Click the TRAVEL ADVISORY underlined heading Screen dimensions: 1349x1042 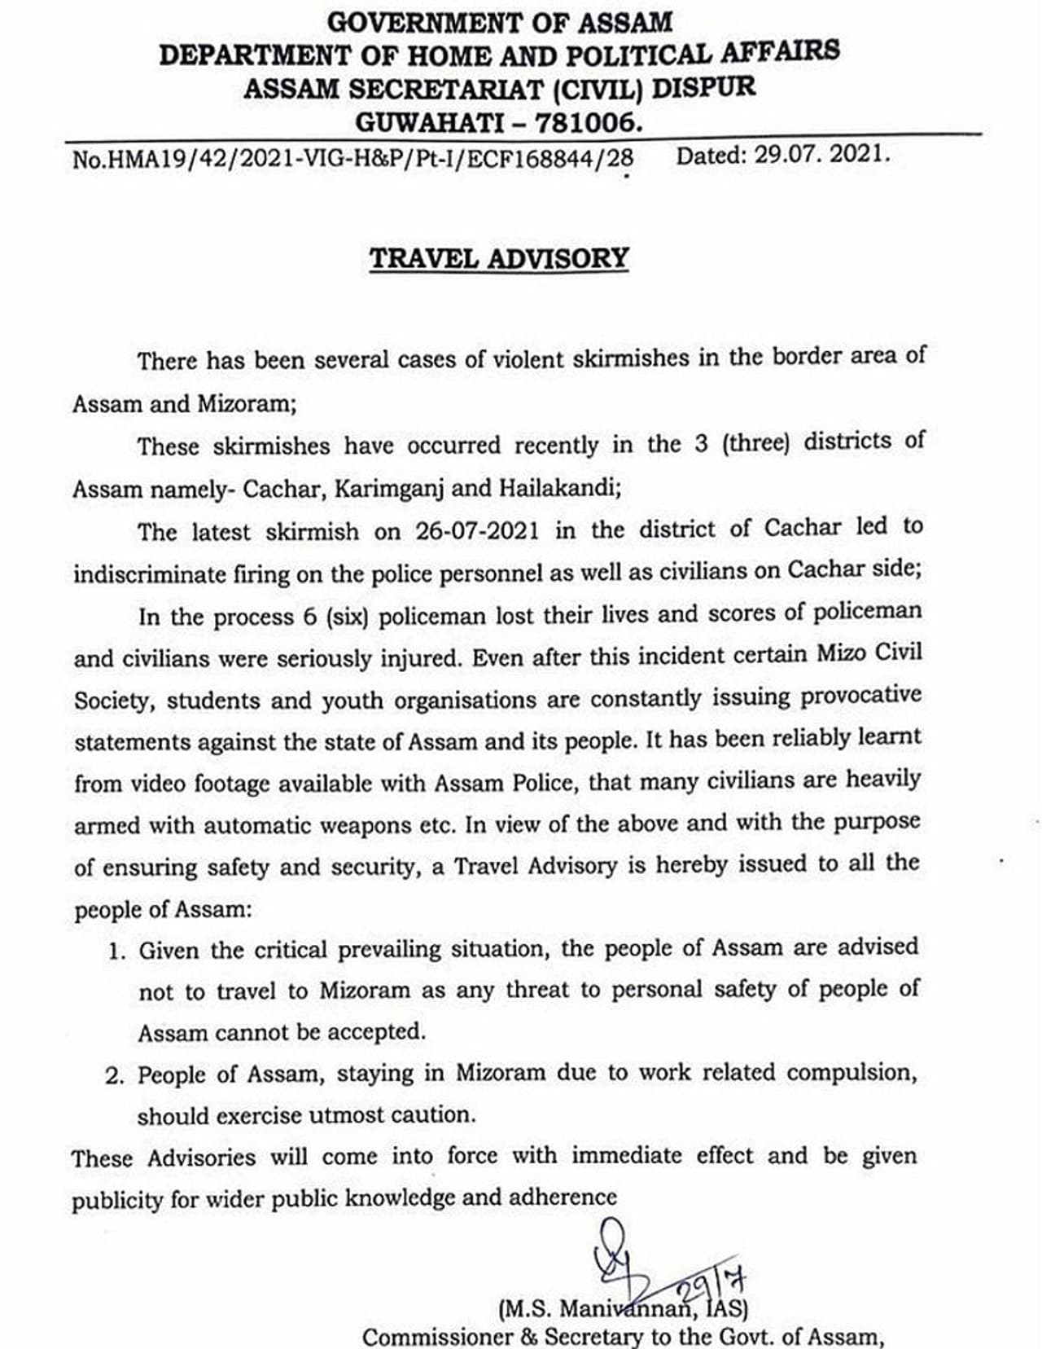tap(499, 258)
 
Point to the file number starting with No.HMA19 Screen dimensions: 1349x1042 tap(352, 157)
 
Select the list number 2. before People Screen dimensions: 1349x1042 tap(115, 1076)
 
